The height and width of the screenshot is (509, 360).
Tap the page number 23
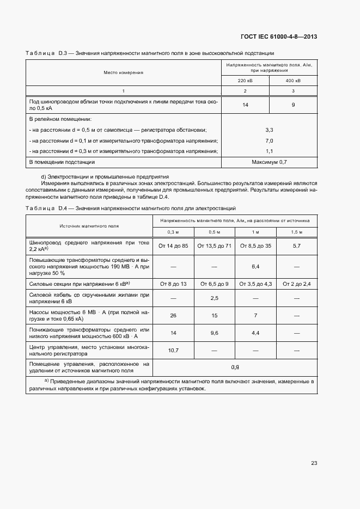point(314,463)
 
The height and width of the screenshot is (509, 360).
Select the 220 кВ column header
point(245,80)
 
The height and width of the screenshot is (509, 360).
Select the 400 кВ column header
point(293,80)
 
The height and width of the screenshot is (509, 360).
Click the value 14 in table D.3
point(245,105)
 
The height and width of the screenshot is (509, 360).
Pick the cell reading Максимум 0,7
point(269,162)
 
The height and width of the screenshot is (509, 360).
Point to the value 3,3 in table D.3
point(269,130)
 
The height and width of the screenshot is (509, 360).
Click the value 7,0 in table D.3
point(269,140)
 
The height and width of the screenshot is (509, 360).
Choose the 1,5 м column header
point(297,232)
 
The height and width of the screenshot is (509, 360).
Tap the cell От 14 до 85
point(173,246)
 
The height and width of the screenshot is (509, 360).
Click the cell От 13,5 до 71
point(215,246)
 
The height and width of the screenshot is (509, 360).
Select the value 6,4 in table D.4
point(255,267)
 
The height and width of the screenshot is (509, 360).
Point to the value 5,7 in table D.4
point(297,246)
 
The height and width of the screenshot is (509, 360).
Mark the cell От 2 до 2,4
point(297,284)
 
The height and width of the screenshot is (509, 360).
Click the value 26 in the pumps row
point(173,315)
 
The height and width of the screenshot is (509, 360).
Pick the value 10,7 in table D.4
point(173,350)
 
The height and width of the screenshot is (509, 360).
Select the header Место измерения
point(124,72)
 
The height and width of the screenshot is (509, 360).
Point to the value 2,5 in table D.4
point(215,298)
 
